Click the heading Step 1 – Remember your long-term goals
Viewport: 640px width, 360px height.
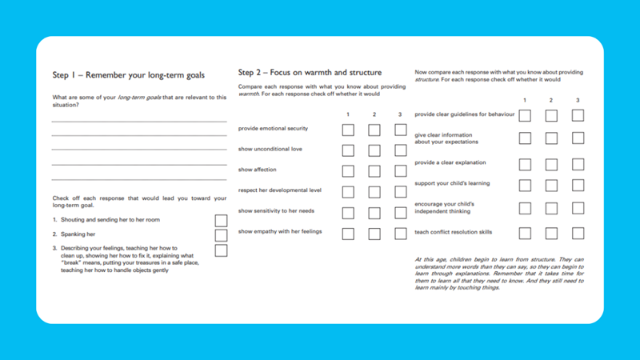tap(128, 75)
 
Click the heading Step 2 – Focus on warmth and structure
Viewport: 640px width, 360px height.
tap(310, 73)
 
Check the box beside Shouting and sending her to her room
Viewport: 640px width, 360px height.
tap(221, 220)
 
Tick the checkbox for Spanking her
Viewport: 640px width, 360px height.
tap(221, 235)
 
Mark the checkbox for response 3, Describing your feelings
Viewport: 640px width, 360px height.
tap(221, 250)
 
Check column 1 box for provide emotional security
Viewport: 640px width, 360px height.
tap(348, 130)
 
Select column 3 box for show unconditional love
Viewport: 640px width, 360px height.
tap(400, 150)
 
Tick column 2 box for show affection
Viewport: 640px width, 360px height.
tap(374, 170)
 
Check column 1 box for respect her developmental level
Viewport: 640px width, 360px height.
tap(348, 192)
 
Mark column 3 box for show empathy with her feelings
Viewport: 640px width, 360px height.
tap(400, 234)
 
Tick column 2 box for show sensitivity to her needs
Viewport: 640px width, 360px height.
tap(374, 214)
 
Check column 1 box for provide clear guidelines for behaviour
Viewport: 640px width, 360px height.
tap(525, 115)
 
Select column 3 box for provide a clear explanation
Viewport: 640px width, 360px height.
tap(578, 164)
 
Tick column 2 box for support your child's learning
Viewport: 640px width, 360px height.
tap(551, 186)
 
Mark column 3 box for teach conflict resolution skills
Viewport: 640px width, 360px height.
tap(578, 234)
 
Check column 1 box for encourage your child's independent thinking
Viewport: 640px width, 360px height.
tap(525, 209)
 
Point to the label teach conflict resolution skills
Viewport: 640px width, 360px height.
tap(454, 233)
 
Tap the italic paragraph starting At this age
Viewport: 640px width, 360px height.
tap(498, 274)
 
